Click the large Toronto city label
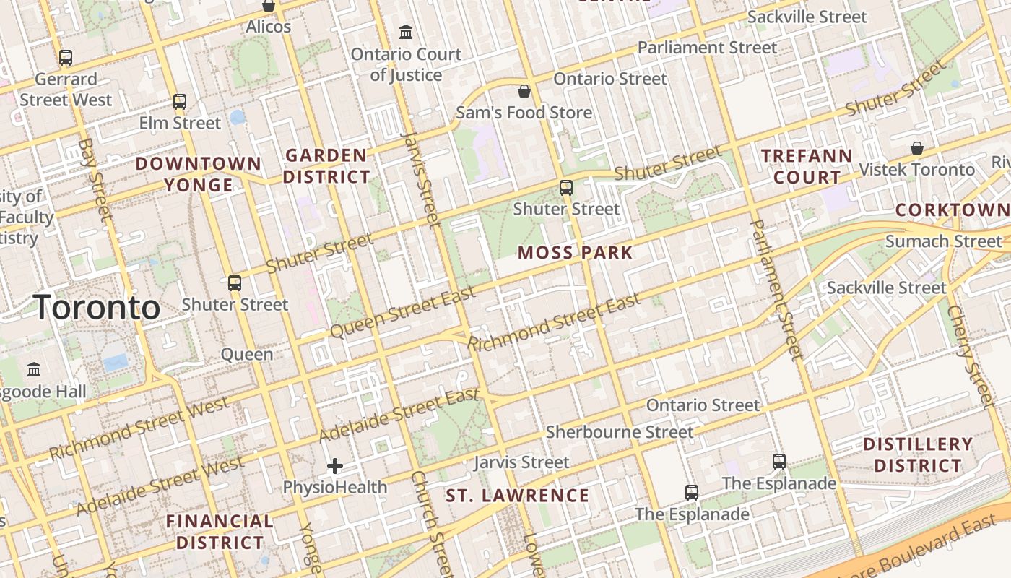[96, 308]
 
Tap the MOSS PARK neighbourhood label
[575, 253]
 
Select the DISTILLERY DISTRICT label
[918, 454]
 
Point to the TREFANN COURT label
[807, 166]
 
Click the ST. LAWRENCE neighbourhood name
[517, 496]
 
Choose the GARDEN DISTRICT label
[326, 165]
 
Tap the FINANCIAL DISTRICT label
[220, 531]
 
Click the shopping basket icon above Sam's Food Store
[524, 91]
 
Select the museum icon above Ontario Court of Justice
[406, 33]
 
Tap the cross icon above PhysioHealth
[334, 466]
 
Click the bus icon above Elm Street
[180, 102]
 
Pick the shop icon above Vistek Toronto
[916, 148]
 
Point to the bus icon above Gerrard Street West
[66, 58]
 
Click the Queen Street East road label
[402, 311]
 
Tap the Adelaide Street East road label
[399, 416]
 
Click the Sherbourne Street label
[620, 432]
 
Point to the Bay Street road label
[95, 179]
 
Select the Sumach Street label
[943, 241]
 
